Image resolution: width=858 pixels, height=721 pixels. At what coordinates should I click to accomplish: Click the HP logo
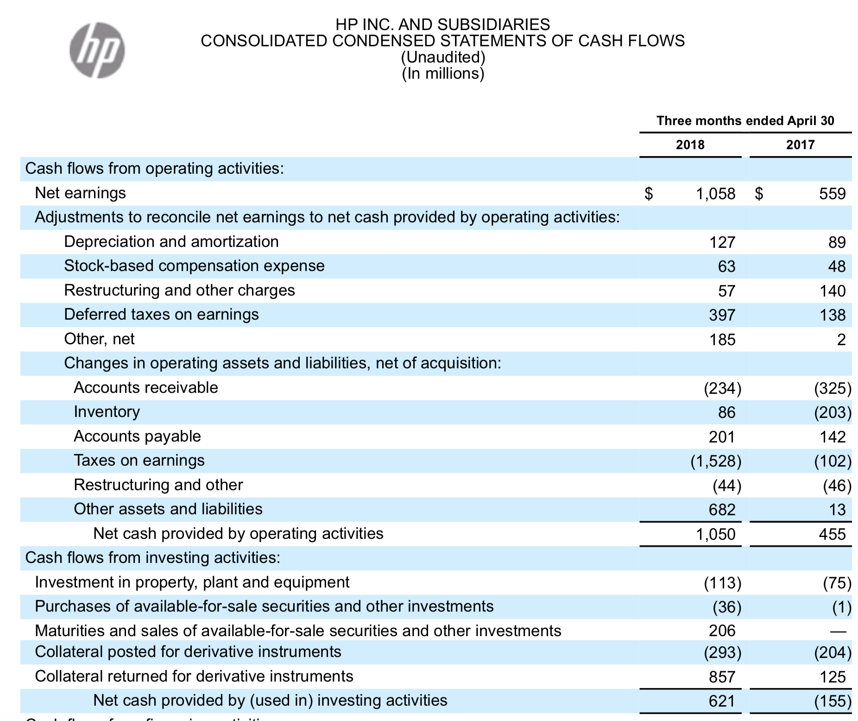click(97, 50)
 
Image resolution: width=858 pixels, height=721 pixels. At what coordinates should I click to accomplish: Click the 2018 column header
click(690, 145)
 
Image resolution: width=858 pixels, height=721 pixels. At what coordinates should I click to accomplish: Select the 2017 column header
click(800, 145)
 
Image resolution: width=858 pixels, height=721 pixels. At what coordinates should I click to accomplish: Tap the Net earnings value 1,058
click(715, 194)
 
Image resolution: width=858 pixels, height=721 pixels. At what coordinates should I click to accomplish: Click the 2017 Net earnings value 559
click(832, 194)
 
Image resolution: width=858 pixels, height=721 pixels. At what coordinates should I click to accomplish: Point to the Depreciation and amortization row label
click(171, 241)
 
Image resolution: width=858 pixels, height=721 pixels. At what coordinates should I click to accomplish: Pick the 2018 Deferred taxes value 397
click(722, 315)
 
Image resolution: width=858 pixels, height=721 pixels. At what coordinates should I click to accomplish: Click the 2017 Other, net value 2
click(841, 340)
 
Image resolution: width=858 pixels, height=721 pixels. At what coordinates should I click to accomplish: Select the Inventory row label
click(107, 411)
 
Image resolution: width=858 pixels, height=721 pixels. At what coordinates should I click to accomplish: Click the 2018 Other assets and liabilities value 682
click(722, 510)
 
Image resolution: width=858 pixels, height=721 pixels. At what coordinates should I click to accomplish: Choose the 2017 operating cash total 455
click(832, 534)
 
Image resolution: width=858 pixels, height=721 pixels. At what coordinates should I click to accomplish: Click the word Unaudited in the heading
click(443, 57)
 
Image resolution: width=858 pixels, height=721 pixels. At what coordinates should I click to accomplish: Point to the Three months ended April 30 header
click(745, 120)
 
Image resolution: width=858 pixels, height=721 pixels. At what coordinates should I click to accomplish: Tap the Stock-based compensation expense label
click(194, 266)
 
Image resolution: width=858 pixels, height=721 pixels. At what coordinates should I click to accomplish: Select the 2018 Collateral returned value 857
click(722, 677)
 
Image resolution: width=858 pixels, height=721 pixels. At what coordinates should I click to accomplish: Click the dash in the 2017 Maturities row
click(838, 631)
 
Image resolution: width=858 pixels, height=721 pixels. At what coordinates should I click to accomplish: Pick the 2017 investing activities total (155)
click(833, 701)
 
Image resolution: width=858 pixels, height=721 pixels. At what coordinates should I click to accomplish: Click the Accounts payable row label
click(137, 436)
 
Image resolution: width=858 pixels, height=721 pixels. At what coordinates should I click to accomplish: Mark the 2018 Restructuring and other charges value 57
click(726, 291)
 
